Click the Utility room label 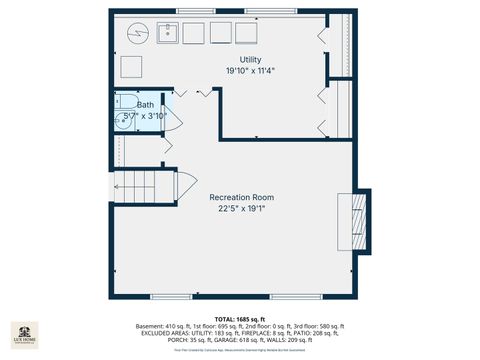(x=236, y=60)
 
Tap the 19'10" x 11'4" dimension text (x=236, y=71)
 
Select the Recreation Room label (x=240, y=197)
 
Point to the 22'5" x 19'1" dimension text (x=240, y=209)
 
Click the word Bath (x=145, y=104)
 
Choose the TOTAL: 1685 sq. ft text (x=240, y=318)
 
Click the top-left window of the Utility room (x=190, y=12)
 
